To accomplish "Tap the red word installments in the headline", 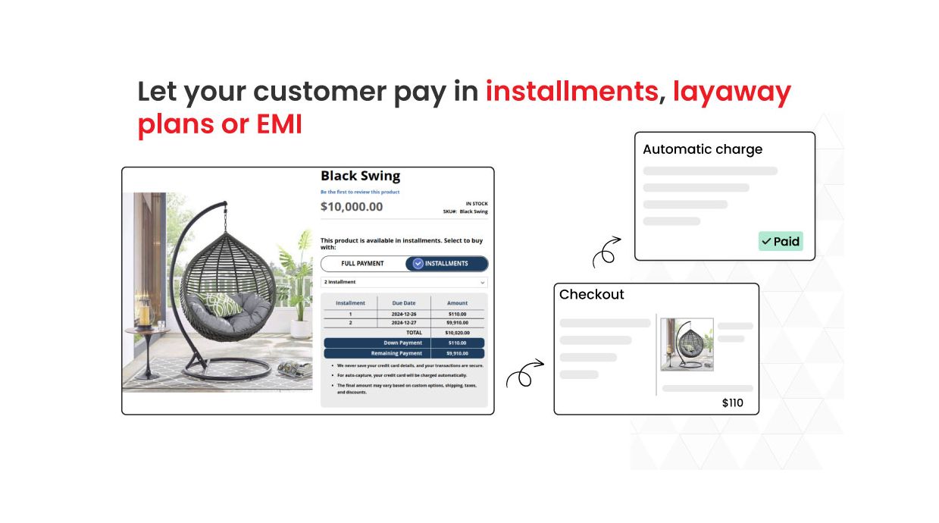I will coord(571,92).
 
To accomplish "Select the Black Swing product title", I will coord(360,176).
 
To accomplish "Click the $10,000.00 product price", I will coord(352,206).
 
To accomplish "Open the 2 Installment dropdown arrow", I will coord(483,282).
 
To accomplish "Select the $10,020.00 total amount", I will coord(456,332).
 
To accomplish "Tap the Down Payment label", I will coord(402,343).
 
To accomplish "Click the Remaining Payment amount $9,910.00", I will coord(456,353).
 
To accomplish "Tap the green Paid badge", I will coord(780,241).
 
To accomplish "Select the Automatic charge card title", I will coord(702,149).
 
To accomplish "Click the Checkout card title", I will coord(591,294).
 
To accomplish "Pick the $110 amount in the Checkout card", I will coord(732,403).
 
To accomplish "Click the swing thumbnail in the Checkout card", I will coord(687,344).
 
